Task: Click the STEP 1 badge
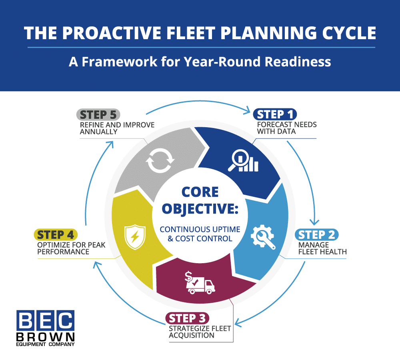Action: [274, 114]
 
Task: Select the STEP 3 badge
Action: [187, 318]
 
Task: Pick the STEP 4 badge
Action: [56, 234]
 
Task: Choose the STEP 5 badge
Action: [98, 114]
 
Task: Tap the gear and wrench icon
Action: [263, 237]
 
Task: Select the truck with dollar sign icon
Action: [199, 282]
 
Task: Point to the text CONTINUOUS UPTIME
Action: [200, 230]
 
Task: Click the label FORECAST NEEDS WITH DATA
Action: [286, 128]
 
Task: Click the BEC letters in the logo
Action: [45, 320]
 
